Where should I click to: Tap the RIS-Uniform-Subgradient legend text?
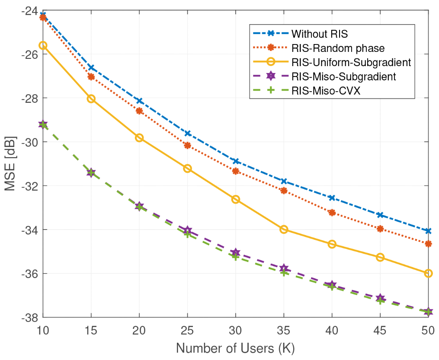click(351, 62)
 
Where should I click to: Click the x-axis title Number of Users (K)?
click(236, 348)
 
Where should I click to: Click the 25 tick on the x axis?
click(187, 330)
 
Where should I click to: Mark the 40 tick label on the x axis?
click(332, 330)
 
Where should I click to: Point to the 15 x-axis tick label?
click(91, 330)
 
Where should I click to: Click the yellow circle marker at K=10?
click(43, 45)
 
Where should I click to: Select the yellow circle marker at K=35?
click(284, 229)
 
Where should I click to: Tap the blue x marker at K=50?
click(428, 231)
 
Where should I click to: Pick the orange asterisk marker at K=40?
click(332, 212)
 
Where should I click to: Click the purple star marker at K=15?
click(91, 172)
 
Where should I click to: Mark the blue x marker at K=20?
click(139, 101)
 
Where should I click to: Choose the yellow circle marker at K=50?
click(428, 273)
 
